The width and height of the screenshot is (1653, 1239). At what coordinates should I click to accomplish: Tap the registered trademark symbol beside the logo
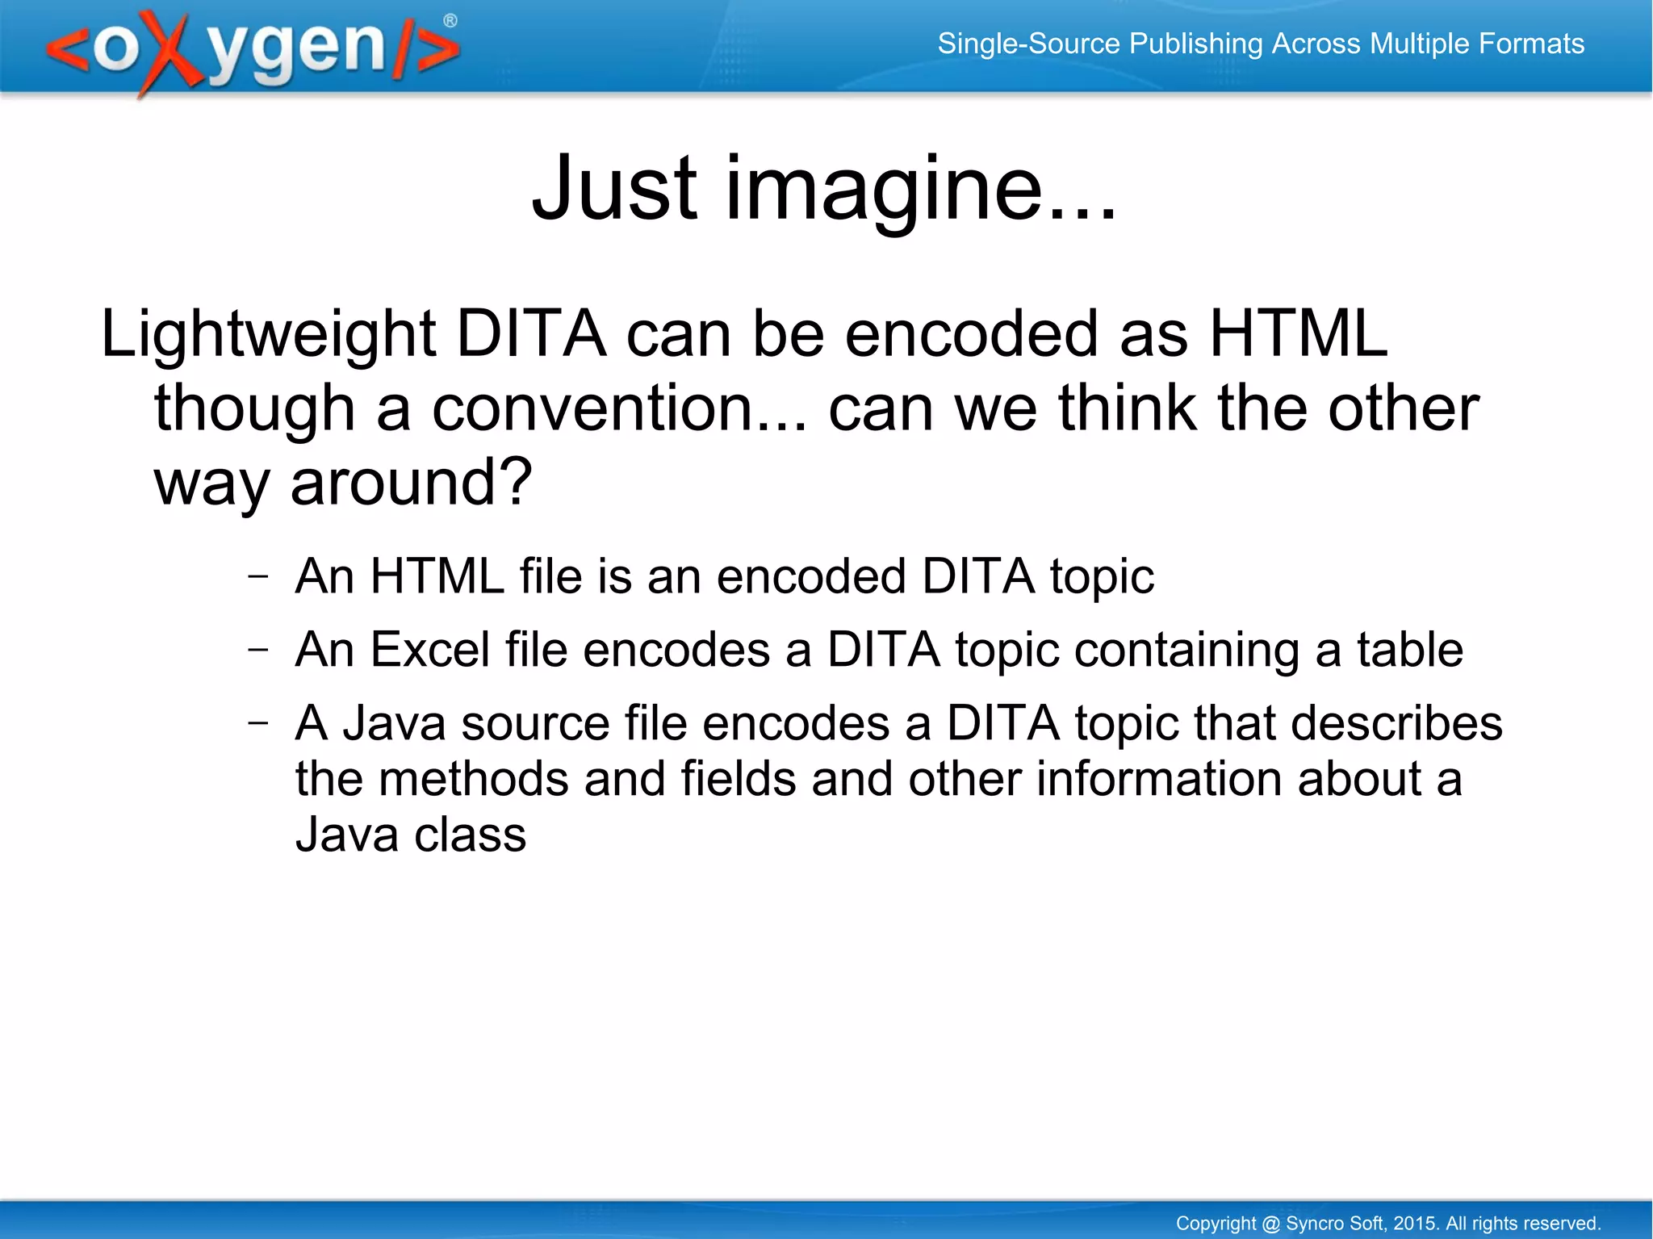(450, 21)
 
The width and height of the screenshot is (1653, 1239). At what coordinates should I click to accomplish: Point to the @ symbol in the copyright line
(1270, 1224)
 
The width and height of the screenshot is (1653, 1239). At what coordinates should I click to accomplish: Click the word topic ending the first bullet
(1102, 577)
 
